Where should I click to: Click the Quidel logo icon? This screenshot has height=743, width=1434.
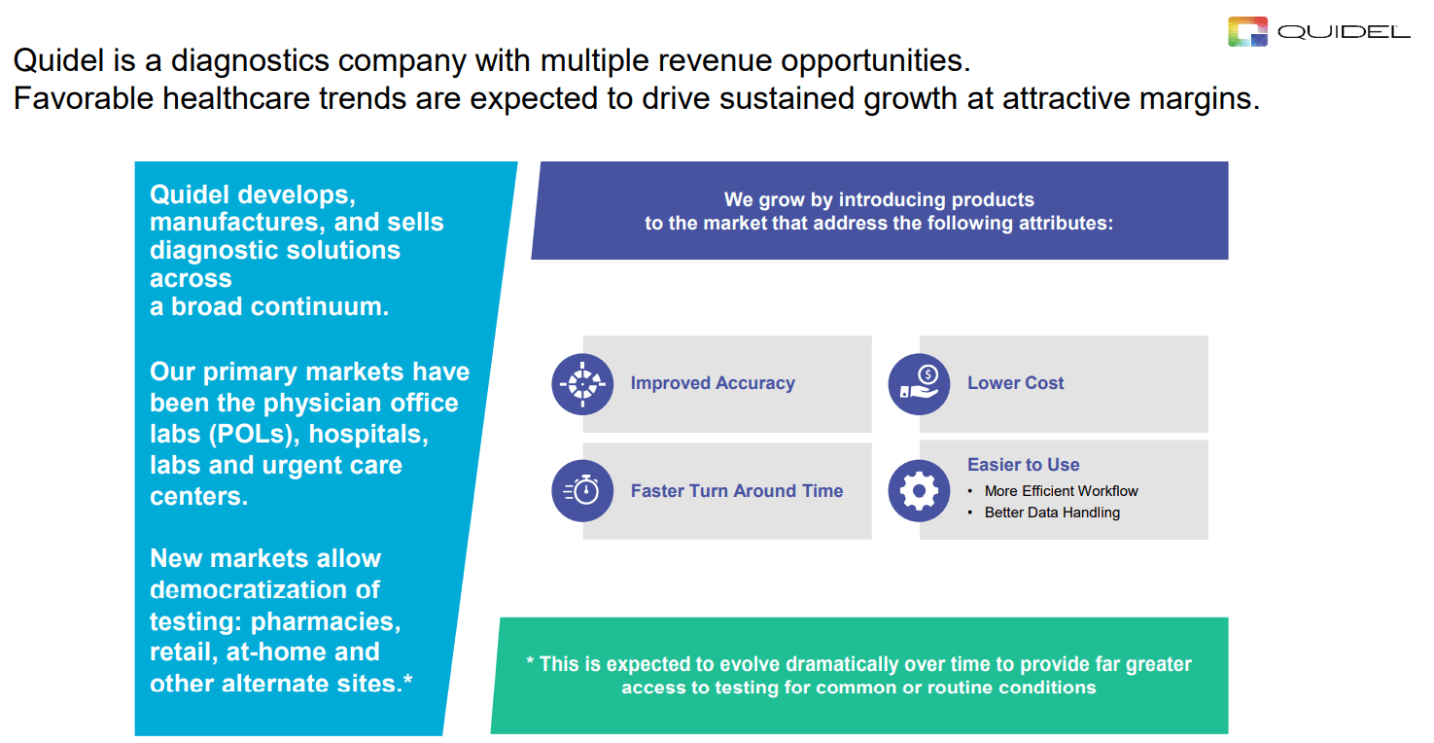pos(1248,32)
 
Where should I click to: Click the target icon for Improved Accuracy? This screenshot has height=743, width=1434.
pos(582,384)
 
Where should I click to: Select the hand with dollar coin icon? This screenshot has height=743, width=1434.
pos(919,384)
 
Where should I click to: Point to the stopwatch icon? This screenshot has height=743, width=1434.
pos(582,491)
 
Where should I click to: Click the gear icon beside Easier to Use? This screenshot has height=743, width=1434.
pos(919,491)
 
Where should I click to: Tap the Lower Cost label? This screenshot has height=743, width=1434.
pos(1015,383)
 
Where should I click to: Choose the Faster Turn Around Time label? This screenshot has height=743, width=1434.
pos(736,491)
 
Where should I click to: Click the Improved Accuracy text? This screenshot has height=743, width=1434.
pos(712,383)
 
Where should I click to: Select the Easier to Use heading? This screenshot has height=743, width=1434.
pos(1023,465)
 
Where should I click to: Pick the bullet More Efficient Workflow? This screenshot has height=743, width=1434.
pos(1061,491)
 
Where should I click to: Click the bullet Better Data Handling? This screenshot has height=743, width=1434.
pos(1052,513)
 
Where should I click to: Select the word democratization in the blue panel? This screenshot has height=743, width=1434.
pos(264,590)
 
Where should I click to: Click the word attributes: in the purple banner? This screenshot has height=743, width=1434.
pos(1066,223)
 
